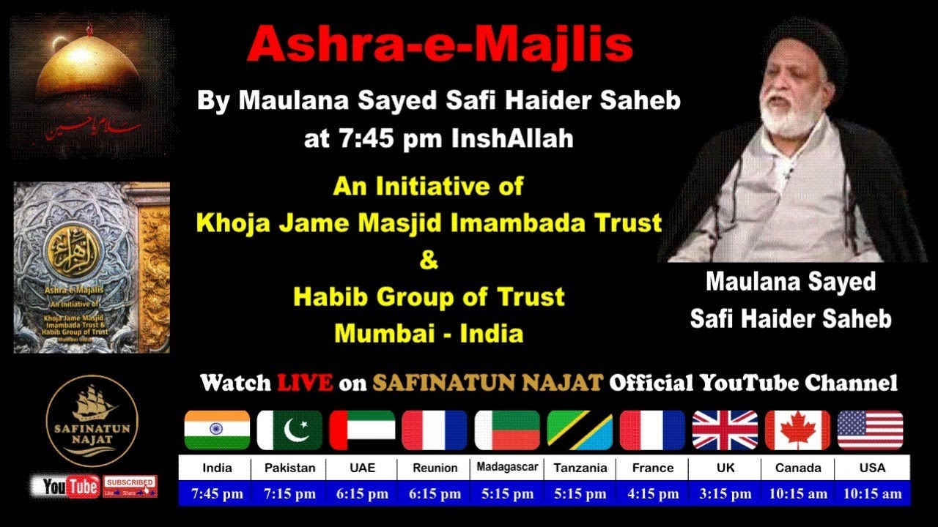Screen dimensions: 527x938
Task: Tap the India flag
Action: coord(217,430)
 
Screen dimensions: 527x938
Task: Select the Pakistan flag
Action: coord(289,430)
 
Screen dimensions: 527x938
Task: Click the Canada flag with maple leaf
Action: coord(797,430)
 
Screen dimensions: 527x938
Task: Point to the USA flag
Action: coord(870,430)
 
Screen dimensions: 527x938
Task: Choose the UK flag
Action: coord(725,430)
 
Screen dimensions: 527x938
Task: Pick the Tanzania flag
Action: coord(580,430)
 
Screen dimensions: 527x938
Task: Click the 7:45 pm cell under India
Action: coord(217,494)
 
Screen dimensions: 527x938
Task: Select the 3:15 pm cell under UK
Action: coord(725,494)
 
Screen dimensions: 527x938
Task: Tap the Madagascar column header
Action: coord(507,467)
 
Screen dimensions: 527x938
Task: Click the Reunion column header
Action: coord(435,468)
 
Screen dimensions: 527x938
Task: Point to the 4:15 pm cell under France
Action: coord(653,494)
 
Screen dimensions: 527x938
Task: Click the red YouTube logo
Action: coord(70,487)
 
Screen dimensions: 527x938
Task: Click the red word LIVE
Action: coord(305,382)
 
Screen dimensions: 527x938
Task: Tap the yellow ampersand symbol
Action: coord(429,261)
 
